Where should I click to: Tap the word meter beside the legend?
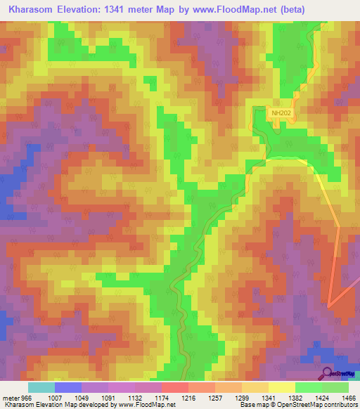pyautogui.click(x=11, y=398)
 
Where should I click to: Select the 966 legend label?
pyautogui.click(x=28, y=398)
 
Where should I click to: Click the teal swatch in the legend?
pyautogui.click(x=41, y=387)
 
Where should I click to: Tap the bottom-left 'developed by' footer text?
pyautogui.click(x=88, y=405)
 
